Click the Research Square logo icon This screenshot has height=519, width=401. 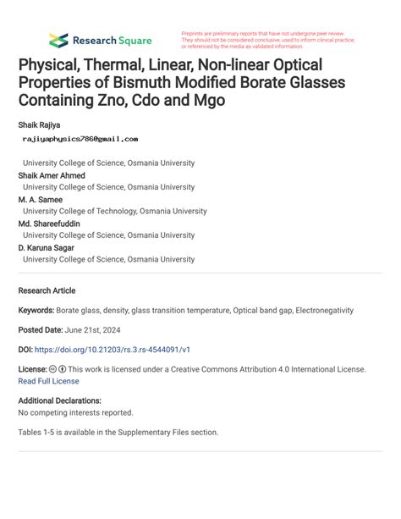click(x=58, y=39)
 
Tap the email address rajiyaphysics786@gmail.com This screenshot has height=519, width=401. click(x=80, y=138)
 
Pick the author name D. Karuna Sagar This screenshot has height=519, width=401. click(x=46, y=248)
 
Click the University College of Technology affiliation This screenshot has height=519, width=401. click(x=114, y=212)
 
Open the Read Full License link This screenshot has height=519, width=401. click(x=48, y=381)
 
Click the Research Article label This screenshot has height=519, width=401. click(x=47, y=290)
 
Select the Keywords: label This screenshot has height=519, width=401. click(x=36, y=311)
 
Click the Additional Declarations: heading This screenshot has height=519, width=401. click(x=60, y=400)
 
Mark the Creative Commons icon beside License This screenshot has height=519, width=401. click(x=53, y=370)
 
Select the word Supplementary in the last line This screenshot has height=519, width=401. click(x=135, y=432)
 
